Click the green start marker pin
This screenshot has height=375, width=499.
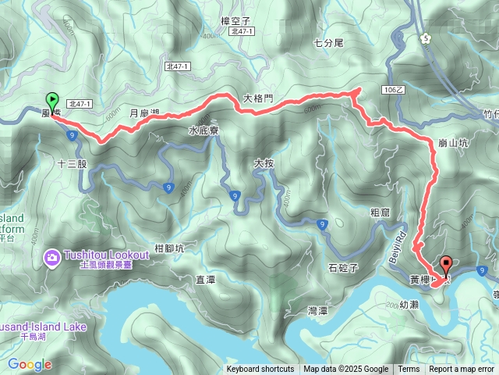pos(52,101)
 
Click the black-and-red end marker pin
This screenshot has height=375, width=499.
pos(446,266)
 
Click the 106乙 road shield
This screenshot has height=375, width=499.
pos(394,91)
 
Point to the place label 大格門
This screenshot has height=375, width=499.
pos(258,98)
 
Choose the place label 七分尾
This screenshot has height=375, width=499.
pos(327,44)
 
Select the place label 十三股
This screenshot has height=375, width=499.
pos(73,165)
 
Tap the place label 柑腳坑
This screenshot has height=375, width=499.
pos(169,248)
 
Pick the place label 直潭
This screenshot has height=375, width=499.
pos(205,279)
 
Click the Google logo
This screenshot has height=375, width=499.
pos(30,364)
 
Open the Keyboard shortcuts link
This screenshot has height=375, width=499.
pos(260,370)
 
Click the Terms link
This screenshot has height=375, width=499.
pos(409,370)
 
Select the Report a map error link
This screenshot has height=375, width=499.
pos(462,370)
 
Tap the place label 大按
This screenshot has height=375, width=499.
pos(264,163)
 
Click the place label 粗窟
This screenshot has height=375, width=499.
pos(380,212)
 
